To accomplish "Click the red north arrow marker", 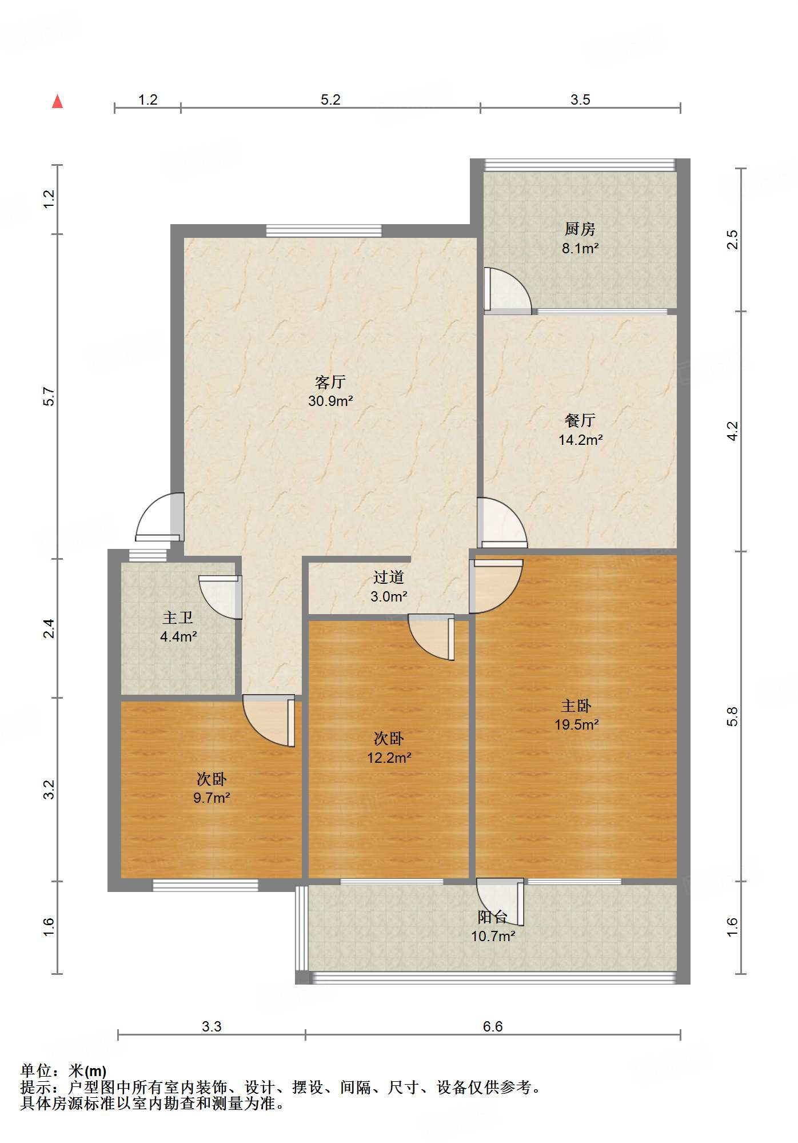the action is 57,101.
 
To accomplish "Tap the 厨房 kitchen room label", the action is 580,229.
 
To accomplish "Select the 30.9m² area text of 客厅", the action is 330,401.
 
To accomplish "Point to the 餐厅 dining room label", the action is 580,420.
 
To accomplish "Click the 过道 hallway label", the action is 389,578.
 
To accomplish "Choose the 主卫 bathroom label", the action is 178,618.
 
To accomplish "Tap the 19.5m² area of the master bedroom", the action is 576,724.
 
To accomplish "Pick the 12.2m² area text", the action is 389,758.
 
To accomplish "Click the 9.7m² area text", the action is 212,798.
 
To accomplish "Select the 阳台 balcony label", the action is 493,917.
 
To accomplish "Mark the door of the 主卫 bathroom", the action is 221,597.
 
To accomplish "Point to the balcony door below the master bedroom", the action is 501,902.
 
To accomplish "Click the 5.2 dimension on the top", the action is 330,99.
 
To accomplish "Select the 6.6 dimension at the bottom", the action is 493,1026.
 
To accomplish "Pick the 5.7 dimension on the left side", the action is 49,396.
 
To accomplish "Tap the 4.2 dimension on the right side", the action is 733,431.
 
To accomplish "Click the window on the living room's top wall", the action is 324,230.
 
